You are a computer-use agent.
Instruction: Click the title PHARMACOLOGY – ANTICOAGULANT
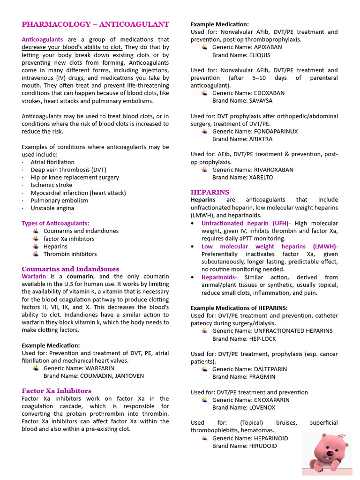click(95, 24)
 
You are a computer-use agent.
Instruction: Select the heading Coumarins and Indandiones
click(70, 269)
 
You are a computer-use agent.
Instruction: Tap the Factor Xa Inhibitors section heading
click(56, 390)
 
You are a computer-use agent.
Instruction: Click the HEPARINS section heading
click(210, 192)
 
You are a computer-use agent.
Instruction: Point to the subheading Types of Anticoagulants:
click(55, 223)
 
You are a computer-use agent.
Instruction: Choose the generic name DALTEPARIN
click(271, 369)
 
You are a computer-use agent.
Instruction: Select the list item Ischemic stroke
click(52, 185)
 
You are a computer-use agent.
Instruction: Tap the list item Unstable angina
click(52, 208)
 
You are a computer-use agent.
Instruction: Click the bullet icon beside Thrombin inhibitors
click(36, 254)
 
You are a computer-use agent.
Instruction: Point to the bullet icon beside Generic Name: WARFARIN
click(36, 368)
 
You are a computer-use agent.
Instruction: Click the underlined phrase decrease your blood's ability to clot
click(72, 47)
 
